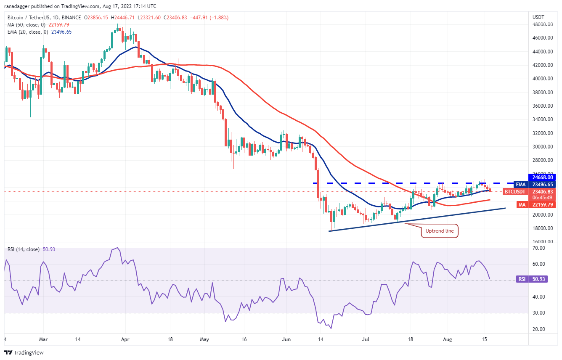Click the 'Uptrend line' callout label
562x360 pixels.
[440, 231]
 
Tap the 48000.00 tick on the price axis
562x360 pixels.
[542, 24]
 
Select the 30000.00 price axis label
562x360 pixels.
[542, 147]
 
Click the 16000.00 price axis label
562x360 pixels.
[542, 242]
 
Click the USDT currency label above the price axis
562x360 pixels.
[538, 17]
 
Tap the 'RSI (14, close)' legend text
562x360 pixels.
[23, 249]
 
